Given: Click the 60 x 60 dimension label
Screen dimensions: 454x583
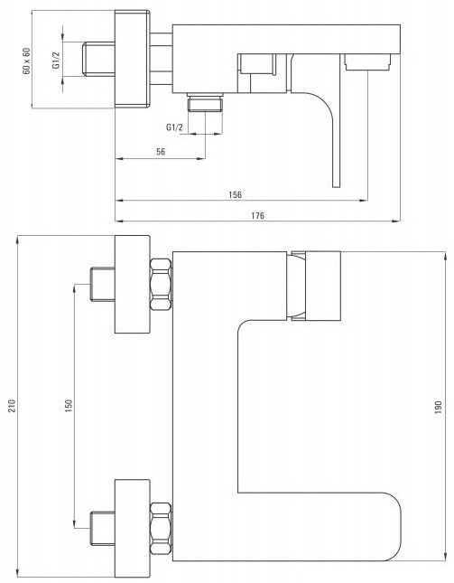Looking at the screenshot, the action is coord(27,61).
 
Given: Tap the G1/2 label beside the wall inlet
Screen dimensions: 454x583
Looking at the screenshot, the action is coord(56,60).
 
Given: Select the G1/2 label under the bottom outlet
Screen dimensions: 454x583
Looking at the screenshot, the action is coord(174,127).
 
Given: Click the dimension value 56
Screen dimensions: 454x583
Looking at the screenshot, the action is coord(161,152).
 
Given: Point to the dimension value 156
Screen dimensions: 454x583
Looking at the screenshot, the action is coord(235,194).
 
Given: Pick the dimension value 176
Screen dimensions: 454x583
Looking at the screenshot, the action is coord(257,215).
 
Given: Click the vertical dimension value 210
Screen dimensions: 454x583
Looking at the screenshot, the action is coord(12,406).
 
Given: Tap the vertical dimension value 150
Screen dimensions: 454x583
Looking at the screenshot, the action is coord(69,406).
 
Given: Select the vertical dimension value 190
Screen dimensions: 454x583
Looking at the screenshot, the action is coord(438,407).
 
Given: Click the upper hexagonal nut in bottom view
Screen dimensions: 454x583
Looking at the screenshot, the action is coord(161,284).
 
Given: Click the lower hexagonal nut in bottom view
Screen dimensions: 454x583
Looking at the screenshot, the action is coord(161,528).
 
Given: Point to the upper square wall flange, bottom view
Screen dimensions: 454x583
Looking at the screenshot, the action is coord(132,285).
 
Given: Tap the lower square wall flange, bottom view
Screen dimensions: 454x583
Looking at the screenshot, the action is coord(132,529).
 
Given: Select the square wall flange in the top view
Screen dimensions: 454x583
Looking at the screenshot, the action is coord(132,59).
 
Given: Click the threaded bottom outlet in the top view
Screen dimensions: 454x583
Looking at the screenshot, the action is coord(205,102).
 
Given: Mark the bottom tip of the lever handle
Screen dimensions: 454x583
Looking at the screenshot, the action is coord(337,186).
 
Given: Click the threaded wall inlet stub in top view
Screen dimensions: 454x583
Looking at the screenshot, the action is coord(98,60).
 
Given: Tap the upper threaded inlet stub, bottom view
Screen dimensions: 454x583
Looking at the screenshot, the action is coord(103,285).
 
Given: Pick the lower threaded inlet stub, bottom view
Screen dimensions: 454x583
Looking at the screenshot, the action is coord(103,529).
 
